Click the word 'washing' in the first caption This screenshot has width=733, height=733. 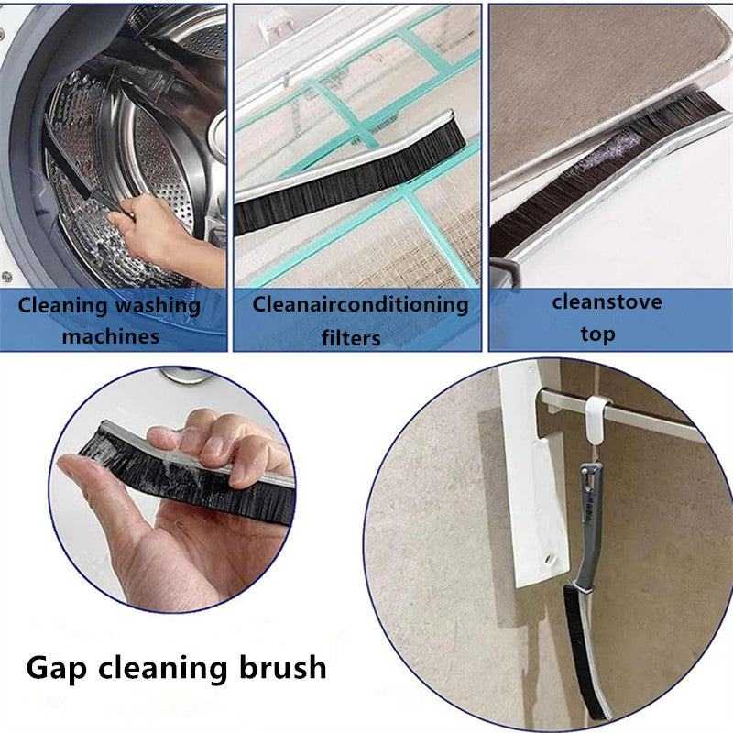pyautogui.click(x=158, y=306)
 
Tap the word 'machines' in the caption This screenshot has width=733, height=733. pyautogui.click(x=111, y=336)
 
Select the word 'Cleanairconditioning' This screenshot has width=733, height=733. pyautogui.click(x=360, y=305)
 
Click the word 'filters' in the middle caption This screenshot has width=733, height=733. pyautogui.click(x=351, y=338)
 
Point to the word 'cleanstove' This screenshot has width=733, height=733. pyautogui.click(x=607, y=302)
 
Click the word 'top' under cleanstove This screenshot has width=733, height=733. pyautogui.click(x=597, y=334)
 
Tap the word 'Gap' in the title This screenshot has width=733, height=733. pyautogui.click(x=57, y=669)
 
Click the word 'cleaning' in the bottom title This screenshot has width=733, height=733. pyautogui.click(x=163, y=669)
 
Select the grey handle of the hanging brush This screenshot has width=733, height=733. pyautogui.click(x=588, y=523)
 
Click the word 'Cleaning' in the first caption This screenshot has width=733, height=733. pyautogui.click(x=63, y=306)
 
